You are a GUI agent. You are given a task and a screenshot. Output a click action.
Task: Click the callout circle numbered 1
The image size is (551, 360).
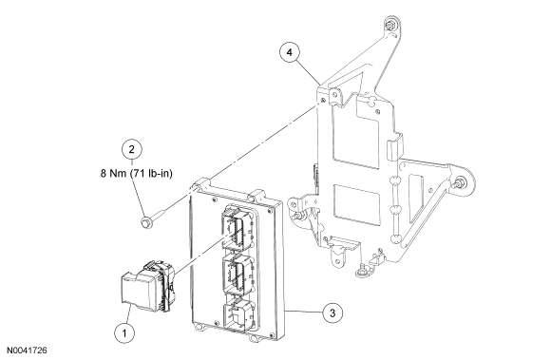coord(124,332)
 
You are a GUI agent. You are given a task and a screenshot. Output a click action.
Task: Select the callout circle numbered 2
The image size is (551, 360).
coord(132,150)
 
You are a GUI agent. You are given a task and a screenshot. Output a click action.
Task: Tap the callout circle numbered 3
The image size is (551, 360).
coord(332,313)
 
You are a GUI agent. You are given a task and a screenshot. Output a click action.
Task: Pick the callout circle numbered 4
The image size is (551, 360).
coord(290,52)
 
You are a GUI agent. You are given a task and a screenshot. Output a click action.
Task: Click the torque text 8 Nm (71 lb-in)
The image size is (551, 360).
coord(137,174)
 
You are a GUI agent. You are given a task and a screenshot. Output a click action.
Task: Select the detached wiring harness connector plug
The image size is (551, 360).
coord(147,285)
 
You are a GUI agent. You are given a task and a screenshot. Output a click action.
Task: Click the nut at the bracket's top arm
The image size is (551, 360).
coord(389,26)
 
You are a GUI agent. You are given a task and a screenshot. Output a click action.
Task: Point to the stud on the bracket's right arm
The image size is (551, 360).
coord(458,183)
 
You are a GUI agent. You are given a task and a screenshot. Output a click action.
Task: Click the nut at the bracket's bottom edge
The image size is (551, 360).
coord(362,271)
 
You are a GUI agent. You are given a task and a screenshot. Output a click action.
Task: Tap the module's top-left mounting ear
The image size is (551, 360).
coord(201,184)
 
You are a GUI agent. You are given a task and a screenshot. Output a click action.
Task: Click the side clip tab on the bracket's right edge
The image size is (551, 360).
coord(395,150)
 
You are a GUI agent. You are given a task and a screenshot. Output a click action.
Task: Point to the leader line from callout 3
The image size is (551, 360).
coord(303,312)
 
